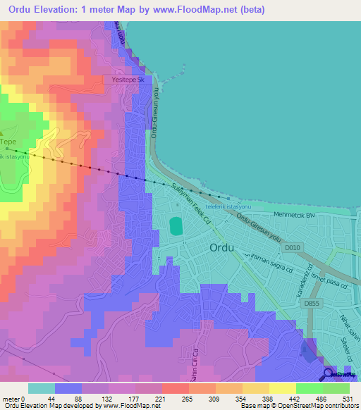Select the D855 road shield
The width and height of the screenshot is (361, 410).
[312, 304]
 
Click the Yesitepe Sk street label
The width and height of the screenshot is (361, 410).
[128, 81]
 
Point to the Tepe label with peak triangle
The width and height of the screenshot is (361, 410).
[7, 140]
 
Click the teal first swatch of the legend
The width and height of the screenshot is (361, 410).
[42, 388]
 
